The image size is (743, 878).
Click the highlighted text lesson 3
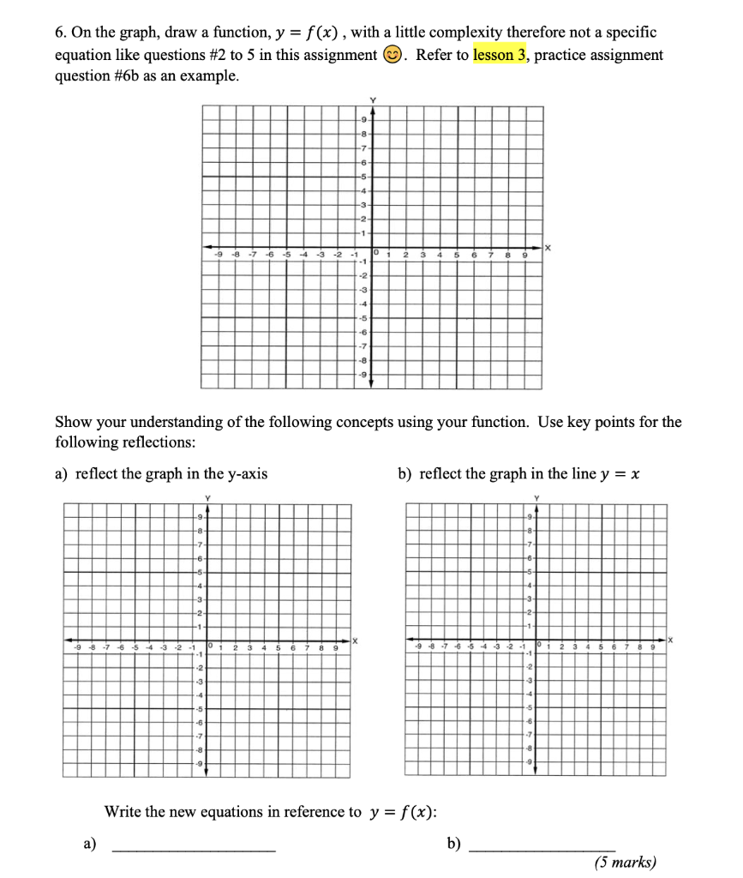pyautogui.click(x=500, y=55)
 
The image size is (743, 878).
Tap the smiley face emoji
pyautogui.click(x=388, y=56)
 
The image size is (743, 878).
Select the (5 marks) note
pyautogui.click(x=625, y=862)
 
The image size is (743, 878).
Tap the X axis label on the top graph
pyautogui.click(x=549, y=249)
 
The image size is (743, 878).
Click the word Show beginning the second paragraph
pyautogui.click(x=72, y=422)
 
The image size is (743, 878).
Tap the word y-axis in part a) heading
pyautogui.click(x=244, y=473)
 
